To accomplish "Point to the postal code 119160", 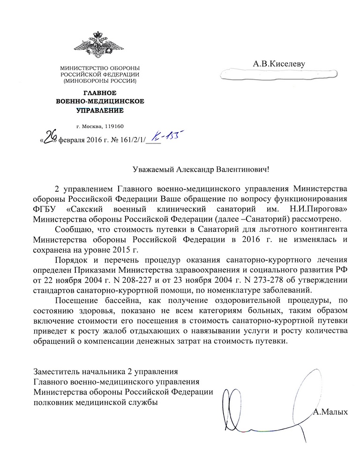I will (x=114, y=126).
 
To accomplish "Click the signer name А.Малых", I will (x=330, y=412).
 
